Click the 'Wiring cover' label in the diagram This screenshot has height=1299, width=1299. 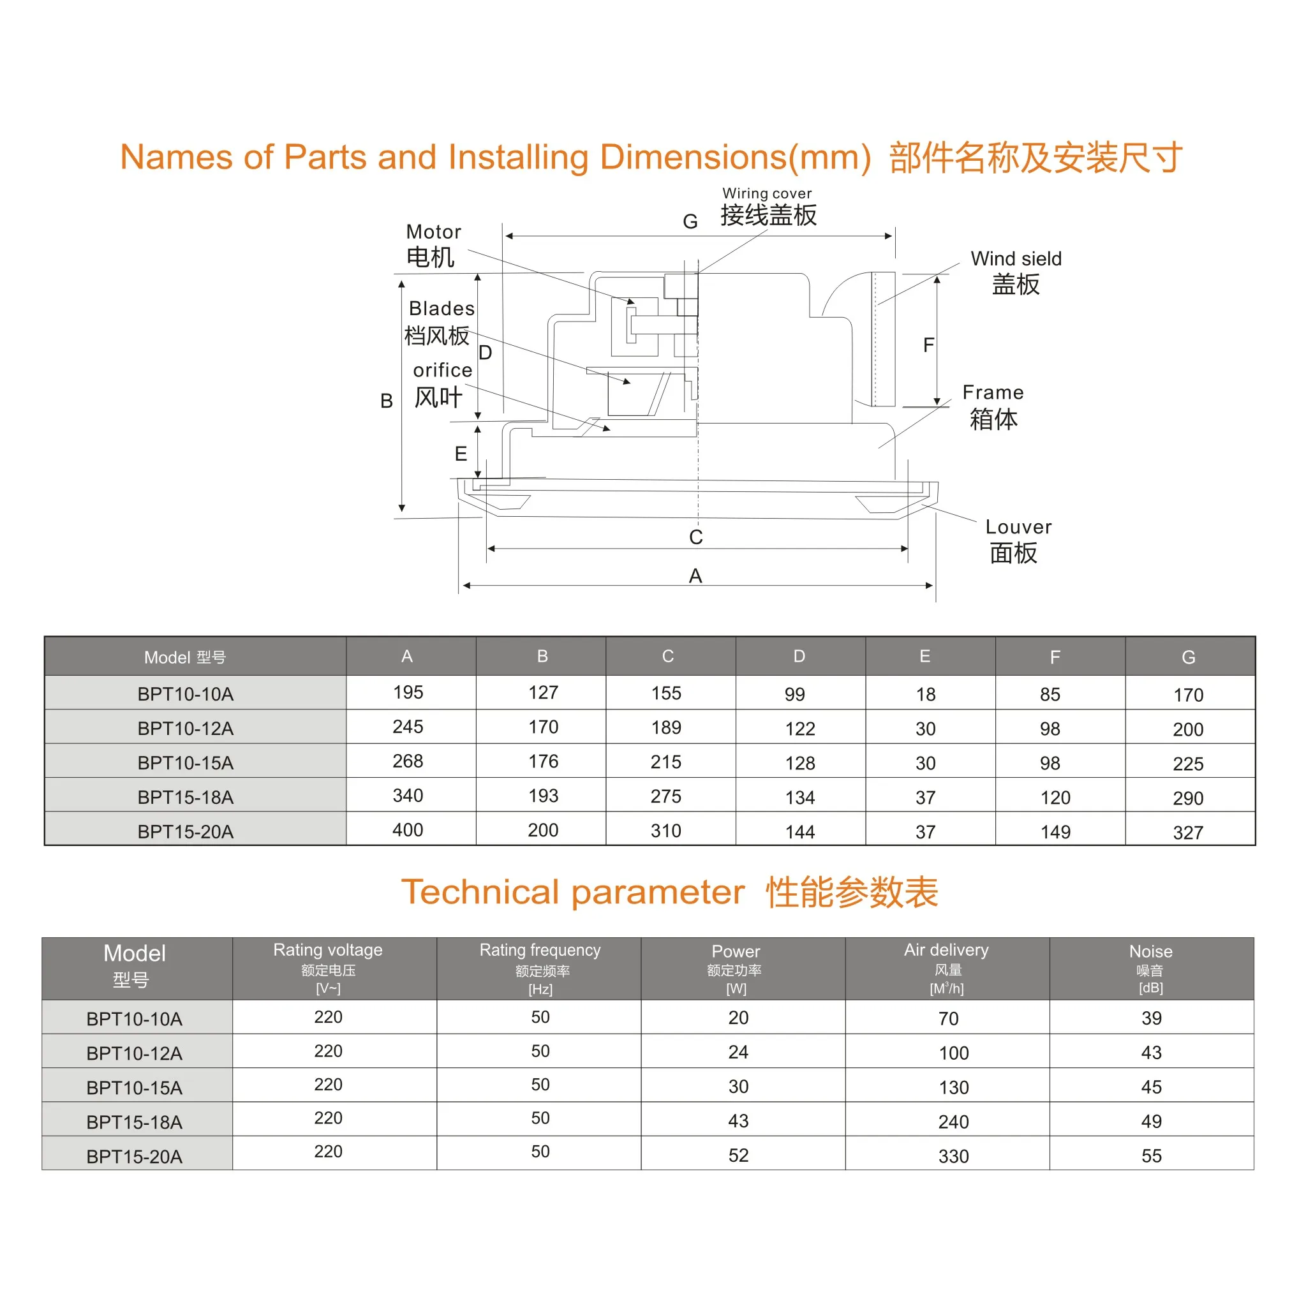tap(767, 194)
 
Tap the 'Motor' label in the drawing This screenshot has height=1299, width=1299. tap(434, 232)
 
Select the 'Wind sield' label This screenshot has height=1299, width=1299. tap(1016, 259)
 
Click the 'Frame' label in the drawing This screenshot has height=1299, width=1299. tap(993, 392)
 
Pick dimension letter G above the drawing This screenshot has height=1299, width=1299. tap(690, 221)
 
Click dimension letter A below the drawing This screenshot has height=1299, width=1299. tap(695, 576)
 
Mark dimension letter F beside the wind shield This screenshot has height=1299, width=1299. tap(928, 345)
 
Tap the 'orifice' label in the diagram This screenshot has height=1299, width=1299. tap(442, 371)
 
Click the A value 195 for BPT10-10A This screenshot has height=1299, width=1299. tap(408, 692)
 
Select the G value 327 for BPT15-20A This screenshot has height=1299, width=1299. tap(1188, 833)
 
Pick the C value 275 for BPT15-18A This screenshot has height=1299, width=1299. tap(666, 797)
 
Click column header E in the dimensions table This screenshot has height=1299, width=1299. tap(925, 657)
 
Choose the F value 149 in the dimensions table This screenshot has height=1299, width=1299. tap(1056, 833)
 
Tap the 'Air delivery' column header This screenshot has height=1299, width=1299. tap(947, 950)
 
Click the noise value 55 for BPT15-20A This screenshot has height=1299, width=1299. tap(1152, 1157)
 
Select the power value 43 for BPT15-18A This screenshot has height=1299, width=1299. tap(738, 1122)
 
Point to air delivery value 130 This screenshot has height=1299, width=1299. tap(954, 1088)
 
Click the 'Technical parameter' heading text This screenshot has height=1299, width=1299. tap(573, 893)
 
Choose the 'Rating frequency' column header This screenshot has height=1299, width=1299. tap(540, 950)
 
